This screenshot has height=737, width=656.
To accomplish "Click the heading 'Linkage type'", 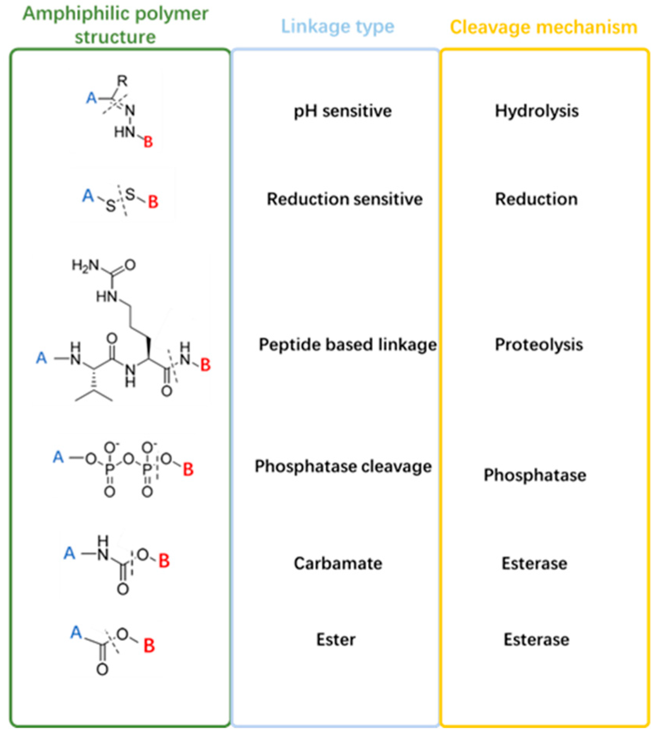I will coord(337,27).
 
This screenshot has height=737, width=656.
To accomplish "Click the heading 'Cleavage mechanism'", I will coord(543,27).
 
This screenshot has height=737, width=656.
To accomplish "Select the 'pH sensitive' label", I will coord(342,111).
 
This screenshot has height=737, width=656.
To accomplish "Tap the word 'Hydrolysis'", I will coord(536,111).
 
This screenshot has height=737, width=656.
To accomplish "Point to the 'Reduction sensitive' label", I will coord(344,199).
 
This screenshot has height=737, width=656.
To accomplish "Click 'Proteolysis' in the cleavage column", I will coord(538,345).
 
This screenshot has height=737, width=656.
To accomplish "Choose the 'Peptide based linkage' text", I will coord(347,345).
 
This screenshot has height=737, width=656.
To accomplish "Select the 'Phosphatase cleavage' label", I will coord(343,466).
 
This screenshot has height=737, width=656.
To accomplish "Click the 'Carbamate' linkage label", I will coord(338,563).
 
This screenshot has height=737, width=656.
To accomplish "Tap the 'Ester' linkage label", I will coord(336,639).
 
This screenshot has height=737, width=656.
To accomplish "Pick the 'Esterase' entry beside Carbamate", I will coord(534,563).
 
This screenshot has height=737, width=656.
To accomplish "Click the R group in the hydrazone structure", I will coord(122,81).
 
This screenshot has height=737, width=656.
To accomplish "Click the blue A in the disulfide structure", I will coord(88,196).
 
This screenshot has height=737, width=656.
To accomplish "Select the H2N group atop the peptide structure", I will coord(85,265).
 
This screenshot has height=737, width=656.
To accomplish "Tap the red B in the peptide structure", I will coord(205,365).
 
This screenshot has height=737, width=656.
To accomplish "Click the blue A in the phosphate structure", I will coord(58,457).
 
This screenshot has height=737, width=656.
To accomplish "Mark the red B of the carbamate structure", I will coord(164,561).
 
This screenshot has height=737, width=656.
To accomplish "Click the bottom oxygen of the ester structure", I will coord(102,669).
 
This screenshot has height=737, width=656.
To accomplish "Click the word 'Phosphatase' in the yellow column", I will coord(534,475).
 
